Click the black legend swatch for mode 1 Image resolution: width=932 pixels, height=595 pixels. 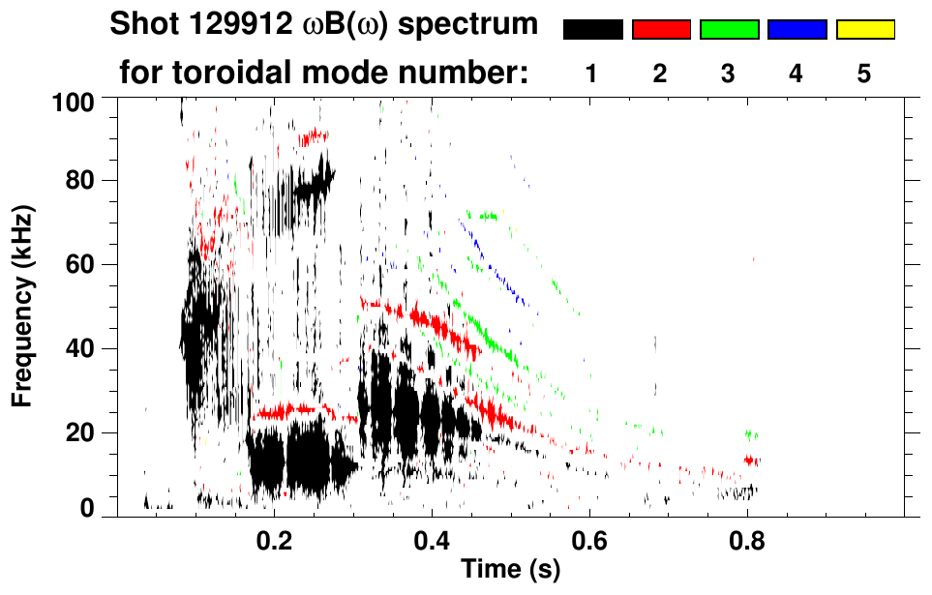[592, 30]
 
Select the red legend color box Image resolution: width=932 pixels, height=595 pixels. [661, 30]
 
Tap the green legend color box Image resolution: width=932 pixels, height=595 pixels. [729, 30]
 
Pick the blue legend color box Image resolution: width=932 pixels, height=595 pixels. [797, 30]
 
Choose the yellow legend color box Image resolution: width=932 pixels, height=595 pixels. [864, 30]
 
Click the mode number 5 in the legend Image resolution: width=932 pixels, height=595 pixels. [864, 74]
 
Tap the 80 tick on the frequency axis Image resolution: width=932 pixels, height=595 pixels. [83, 181]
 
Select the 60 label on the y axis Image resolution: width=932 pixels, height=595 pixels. [83, 264]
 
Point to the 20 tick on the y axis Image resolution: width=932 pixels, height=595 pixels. [83, 432]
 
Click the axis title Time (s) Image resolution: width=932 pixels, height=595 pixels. [510, 570]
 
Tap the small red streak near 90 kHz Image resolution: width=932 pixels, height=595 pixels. [314, 138]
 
